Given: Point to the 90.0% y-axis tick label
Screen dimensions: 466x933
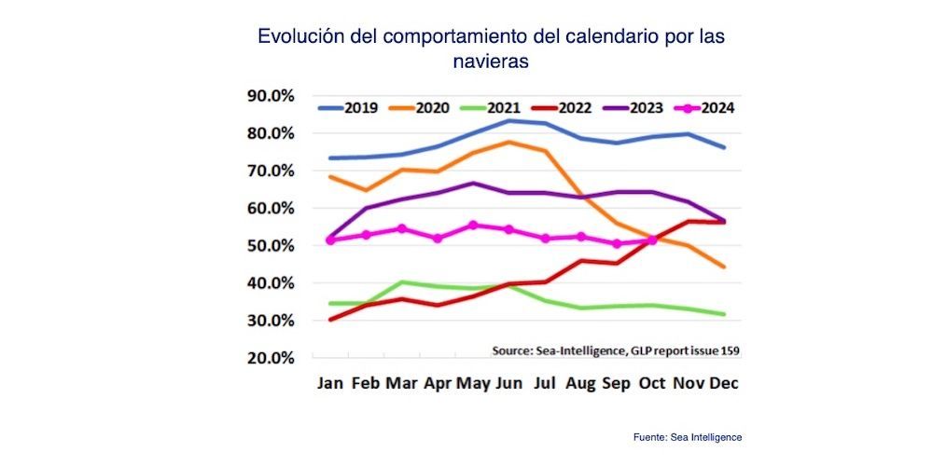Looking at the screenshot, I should (x=270, y=96).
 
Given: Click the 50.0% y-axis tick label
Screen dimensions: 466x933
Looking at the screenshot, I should (x=270, y=246).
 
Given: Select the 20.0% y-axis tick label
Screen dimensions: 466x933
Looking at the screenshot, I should (x=270, y=358).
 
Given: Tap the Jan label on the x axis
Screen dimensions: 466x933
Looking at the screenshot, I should (x=329, y=383).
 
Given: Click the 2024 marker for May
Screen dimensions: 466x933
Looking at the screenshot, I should (x=473, y=225).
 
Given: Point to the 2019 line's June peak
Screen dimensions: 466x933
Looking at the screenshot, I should (x=509, y=120).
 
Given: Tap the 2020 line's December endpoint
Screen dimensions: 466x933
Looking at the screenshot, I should (x=724, y=267).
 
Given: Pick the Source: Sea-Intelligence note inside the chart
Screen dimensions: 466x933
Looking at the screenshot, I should (x=621, y=350).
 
